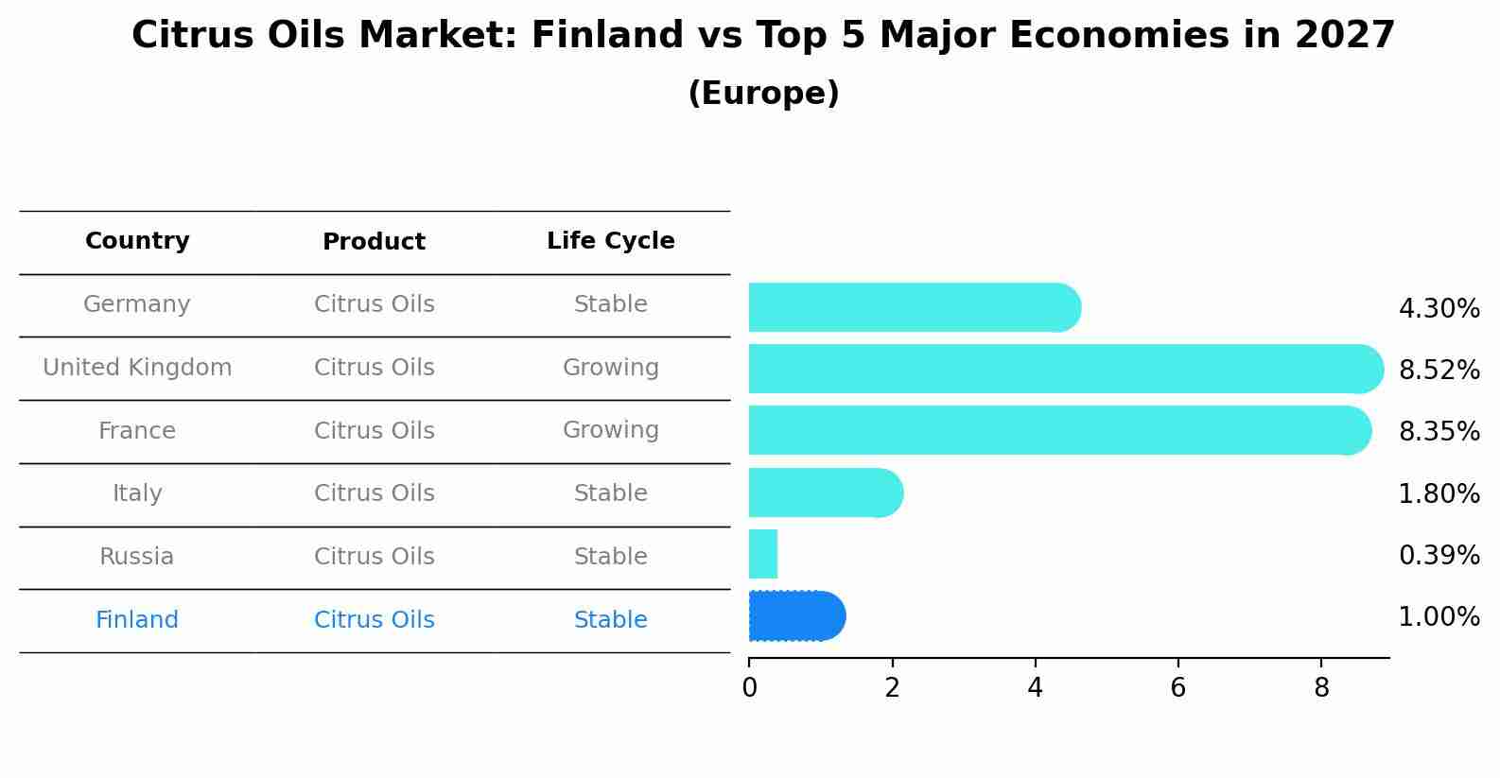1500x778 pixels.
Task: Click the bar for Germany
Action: point(914,307)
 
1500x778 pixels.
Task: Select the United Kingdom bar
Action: point(1065,369)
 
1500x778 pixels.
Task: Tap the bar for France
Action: point(1059,430)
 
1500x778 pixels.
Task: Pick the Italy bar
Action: point(825,493)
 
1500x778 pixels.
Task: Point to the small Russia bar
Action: point(763,554)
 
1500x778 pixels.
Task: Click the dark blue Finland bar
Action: point(796,616)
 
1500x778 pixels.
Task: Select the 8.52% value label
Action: point(1439,370)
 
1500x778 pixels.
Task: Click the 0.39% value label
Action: point(1439,555)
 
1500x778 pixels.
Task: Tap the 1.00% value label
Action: point(1439,617)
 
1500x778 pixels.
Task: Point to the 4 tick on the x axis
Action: point(1035,687)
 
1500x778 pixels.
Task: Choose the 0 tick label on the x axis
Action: point(749,687)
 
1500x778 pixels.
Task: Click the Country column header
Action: point(137,241)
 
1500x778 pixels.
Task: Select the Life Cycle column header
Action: point(610,241)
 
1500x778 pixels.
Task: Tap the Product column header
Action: point(374,242)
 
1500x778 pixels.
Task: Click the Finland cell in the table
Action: point(137,620)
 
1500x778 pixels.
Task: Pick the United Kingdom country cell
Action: point(137,368)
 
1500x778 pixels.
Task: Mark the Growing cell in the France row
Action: point(610,430)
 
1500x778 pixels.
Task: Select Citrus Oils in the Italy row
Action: point(374,493)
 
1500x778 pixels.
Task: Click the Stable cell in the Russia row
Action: point(610,557)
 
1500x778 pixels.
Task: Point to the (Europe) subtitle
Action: point(763,94)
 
